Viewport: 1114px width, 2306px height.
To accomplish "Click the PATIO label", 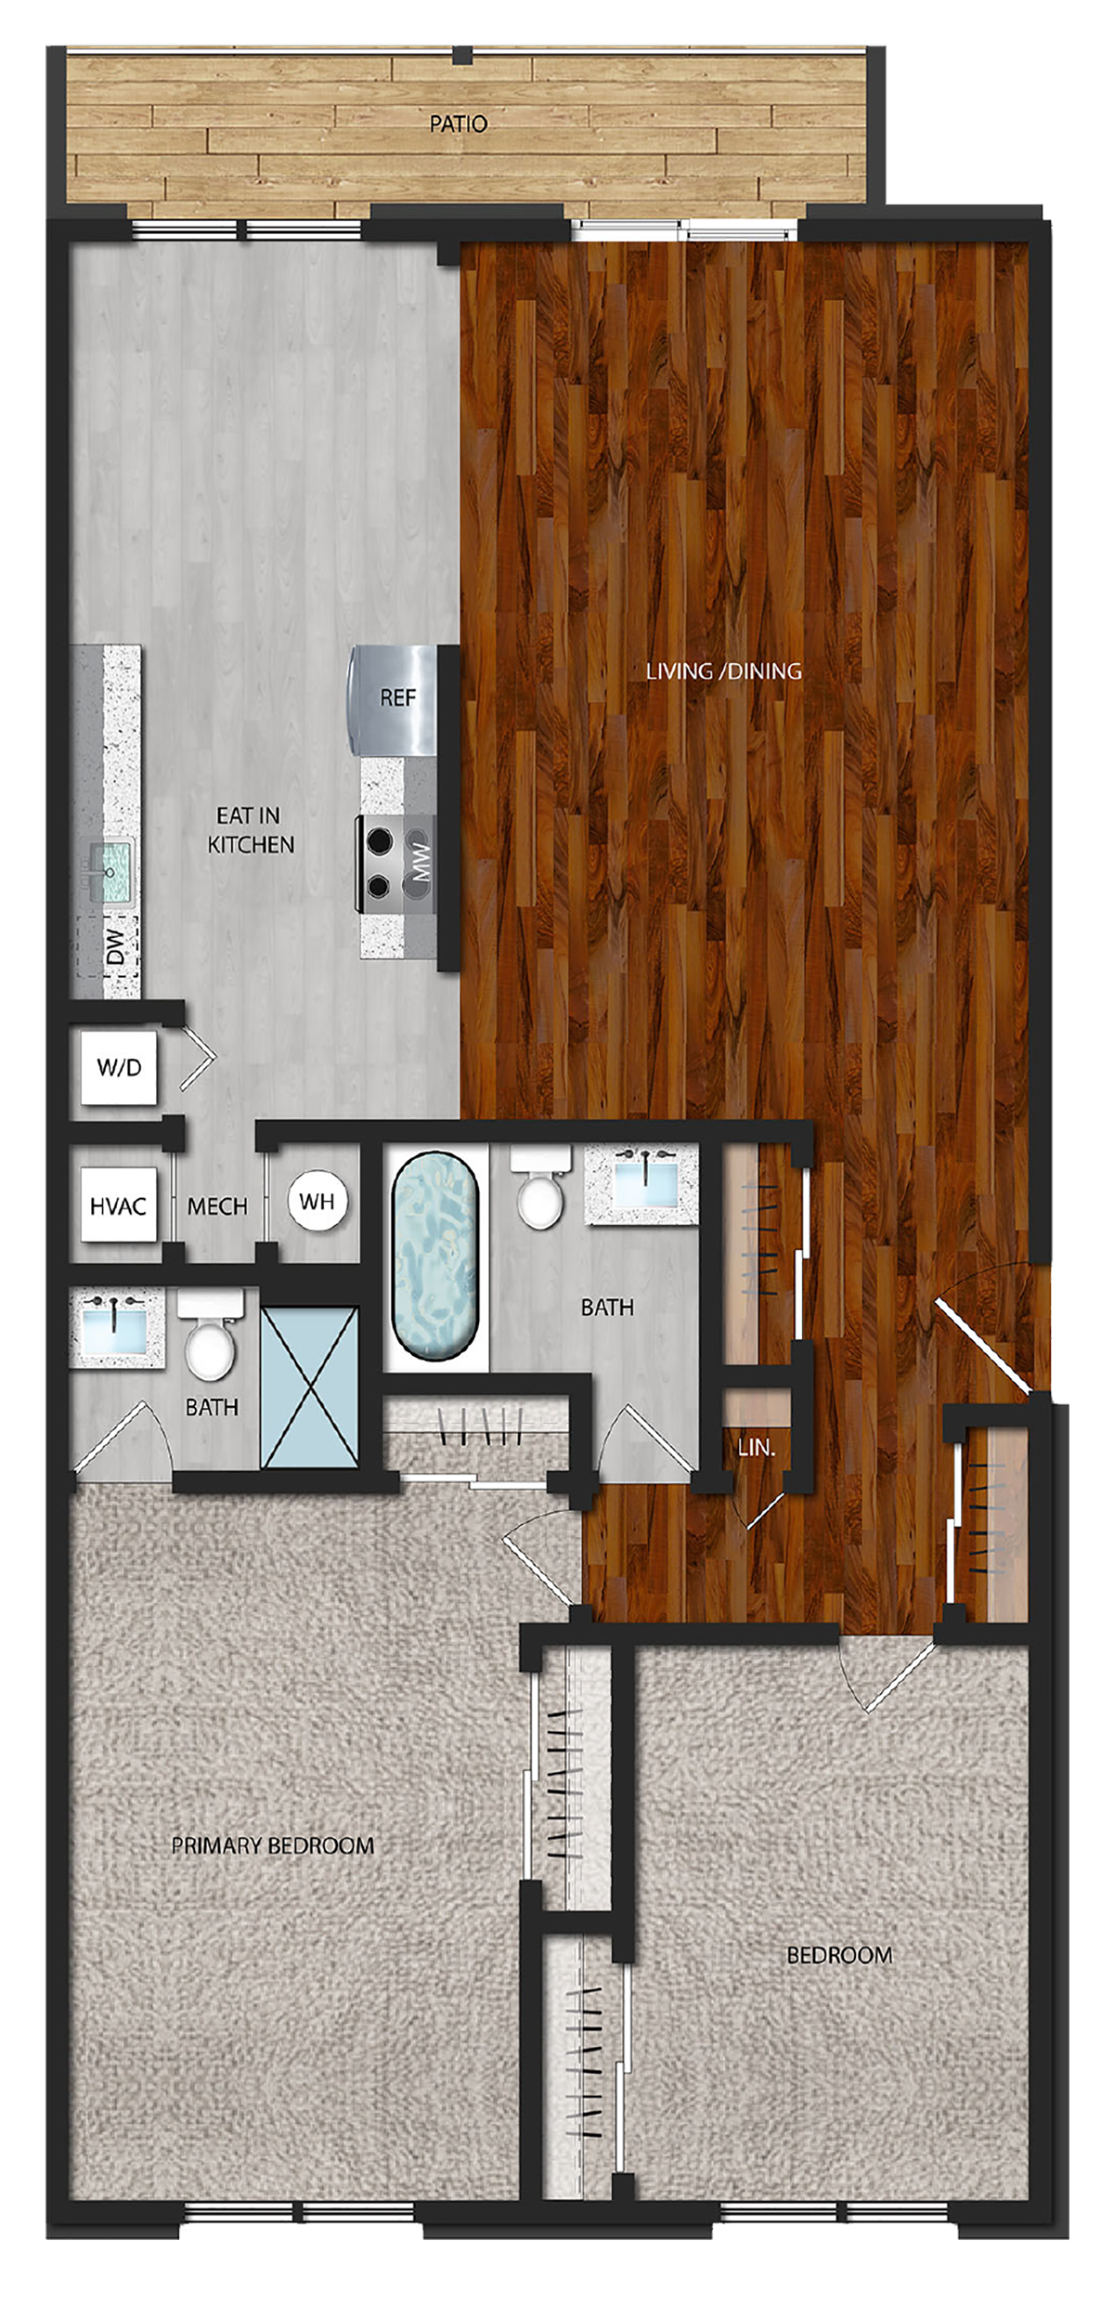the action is (x=458, y=124).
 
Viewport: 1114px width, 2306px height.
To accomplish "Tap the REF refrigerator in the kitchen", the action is (x=393, y=698).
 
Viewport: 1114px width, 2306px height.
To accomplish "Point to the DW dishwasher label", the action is (x=115, y=946).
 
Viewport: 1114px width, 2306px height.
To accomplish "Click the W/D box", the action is (x=119, y=1067).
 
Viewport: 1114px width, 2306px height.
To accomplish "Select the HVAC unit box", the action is (x=118, y=1205).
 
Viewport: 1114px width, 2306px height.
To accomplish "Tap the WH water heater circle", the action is (x=317, y=1202).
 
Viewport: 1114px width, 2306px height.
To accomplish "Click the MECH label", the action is (x=217, y=1206).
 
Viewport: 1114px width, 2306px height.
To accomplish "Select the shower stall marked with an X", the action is (x=309, y=1388).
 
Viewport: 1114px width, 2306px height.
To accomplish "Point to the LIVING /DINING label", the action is (x=724, y=671).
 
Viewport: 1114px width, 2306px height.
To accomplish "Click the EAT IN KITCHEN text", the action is (x=251, y=830).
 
